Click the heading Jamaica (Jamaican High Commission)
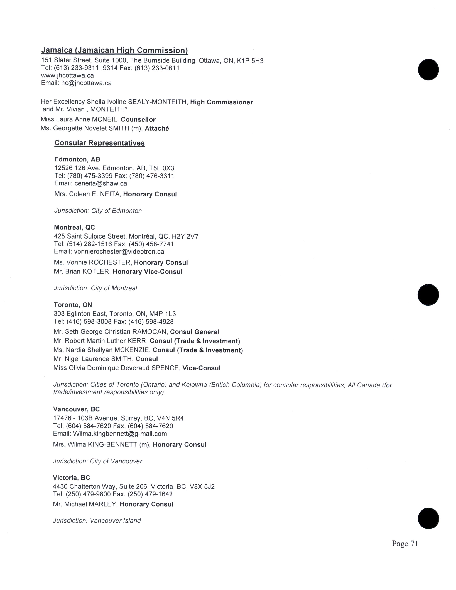114,50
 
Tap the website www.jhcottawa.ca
67,75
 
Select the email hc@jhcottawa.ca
86,83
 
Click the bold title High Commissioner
221,102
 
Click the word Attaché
157,128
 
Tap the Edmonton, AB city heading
77,159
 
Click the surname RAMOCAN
150,332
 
